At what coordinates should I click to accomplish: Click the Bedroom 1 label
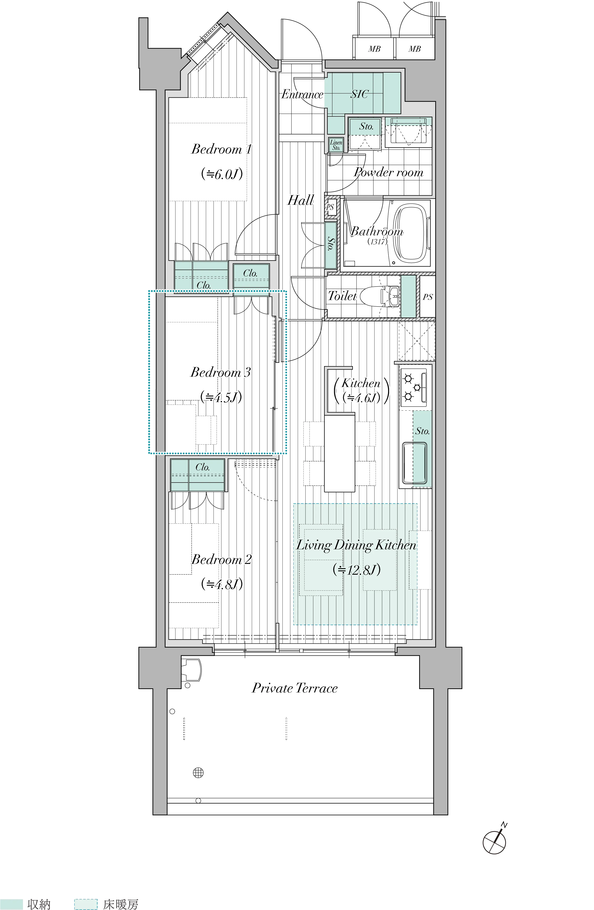pos(221,149)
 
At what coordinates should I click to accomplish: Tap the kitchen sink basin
pos(414,463)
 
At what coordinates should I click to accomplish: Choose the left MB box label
pos(374,49)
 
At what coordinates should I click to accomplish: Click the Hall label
pos(300,200)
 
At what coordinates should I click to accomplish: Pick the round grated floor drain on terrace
pos(198,780)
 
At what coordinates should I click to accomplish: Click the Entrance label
pos(302,94)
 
